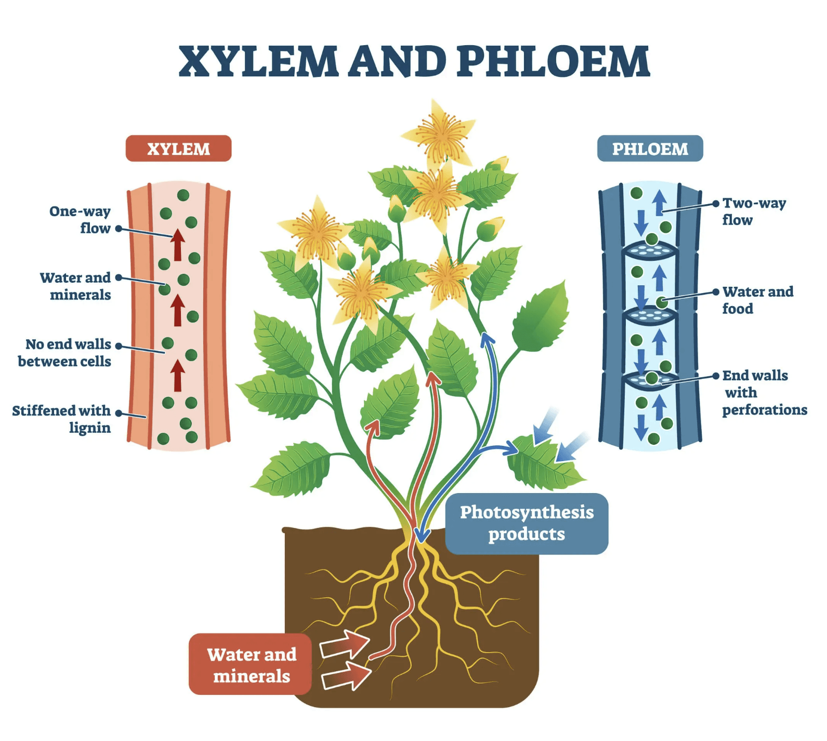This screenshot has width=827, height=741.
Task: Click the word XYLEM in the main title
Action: [x=258, y=62]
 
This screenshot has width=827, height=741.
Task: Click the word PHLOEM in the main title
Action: [x=553, y=62]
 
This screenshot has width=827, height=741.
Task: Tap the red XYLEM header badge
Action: [x=178, y=149]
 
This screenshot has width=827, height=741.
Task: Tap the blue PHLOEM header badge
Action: [x=650, y=149]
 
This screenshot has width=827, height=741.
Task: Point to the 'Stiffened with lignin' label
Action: [x=62, y=419]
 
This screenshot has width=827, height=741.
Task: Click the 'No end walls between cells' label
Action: [x=64, y=352]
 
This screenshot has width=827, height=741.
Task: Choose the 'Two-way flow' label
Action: [x=754, y=211]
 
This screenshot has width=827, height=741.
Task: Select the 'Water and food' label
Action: [x=758, y=300]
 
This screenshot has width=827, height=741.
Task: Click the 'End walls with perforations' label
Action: [x=764, y=392]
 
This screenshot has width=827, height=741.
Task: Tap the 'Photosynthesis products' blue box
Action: [x=527, y=523]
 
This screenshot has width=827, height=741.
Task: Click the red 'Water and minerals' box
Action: [x=251, y=664]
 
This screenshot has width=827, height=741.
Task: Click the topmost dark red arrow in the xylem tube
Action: [x=178, y=245]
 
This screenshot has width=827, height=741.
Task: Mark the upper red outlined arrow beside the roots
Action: [x=345, y=644]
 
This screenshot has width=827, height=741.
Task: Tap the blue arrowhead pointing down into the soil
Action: [x=422, y=535]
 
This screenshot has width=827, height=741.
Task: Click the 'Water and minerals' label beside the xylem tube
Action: [x=76, y=286]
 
